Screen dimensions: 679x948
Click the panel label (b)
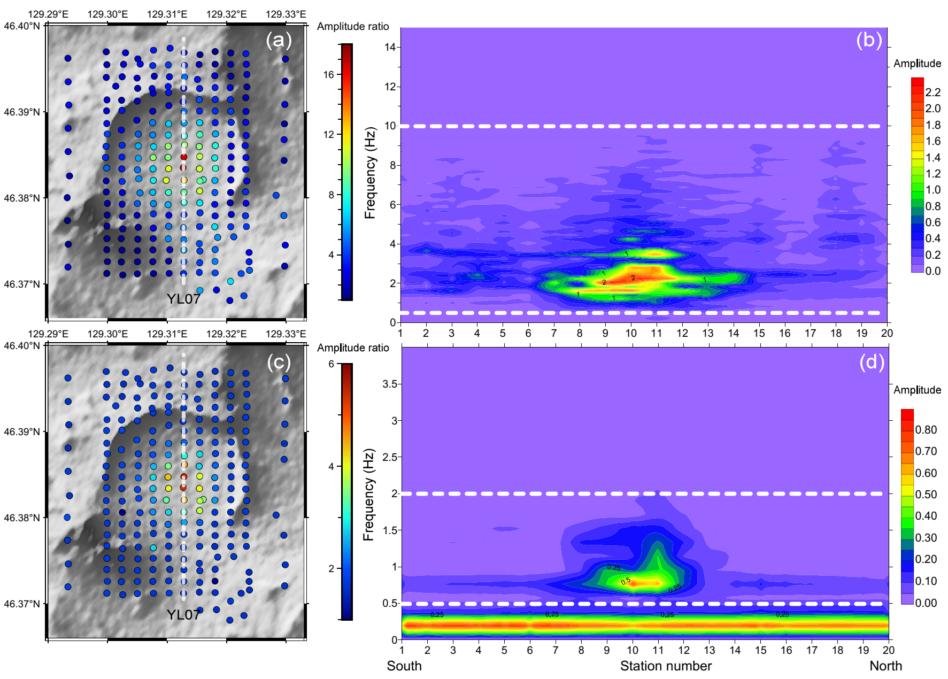pyautogui.click(x=869, y=40)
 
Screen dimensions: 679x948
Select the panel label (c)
pyautogui.click(x=279, y=362)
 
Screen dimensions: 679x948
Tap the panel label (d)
pyautogui.click(x=872, y=362)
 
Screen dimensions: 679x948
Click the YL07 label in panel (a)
pyautogui.click(x=183, y=299)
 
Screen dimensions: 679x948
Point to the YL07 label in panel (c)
pyautogui.click(x=183, y=615)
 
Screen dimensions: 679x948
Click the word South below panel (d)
pyautogui.click(x=404, y=666)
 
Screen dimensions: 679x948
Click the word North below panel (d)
pyautogui.click(x=885, y=666)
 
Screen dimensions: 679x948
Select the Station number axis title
pyautogui.click(x=666, y=666)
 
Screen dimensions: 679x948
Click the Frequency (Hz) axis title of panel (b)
pyautogui.click(x=370, y=173)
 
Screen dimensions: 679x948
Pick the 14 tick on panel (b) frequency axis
pyautogui.click(x=390, y=47)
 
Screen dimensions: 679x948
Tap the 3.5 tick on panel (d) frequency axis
pyautogui.click(x=390, y=384)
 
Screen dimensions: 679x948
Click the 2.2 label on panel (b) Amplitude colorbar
pyautogui.click(x=933, y=92)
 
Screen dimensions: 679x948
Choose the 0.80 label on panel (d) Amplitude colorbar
pyautogui.click(x=926, y=430)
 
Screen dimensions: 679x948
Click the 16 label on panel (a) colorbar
pyautogui.click(x=328, y=74)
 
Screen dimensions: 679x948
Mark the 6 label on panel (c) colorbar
pyautogui.click(x=332, y=364)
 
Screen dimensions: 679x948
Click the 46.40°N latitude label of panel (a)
pyautogui.click(x=21, y=26)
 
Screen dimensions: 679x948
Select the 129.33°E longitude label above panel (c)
pyautogui.click(x=286, y=334)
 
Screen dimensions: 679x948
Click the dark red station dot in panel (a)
pyautogui.click(x=184, y=157)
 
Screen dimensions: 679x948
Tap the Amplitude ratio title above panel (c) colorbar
pyautogui.click(x=353, y=348)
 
